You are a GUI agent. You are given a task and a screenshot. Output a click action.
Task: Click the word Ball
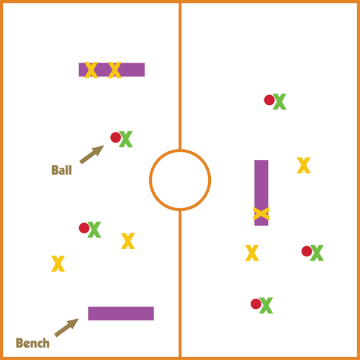click(62, 170)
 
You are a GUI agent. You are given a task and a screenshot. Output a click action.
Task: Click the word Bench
click(32, 343)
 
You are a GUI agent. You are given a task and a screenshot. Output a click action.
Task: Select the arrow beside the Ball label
click(91, 155)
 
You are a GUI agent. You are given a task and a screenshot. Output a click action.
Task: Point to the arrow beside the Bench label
click(66, 328)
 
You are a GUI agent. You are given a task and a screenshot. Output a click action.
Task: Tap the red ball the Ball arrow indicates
click(115, 138)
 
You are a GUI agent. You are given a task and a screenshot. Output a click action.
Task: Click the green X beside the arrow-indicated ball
click(126, 139)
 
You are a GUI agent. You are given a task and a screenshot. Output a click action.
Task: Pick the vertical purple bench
click(261, 193)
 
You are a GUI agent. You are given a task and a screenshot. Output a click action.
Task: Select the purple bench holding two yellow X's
click(112, 70)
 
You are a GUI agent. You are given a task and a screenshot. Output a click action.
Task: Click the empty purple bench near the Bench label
click(121, 313)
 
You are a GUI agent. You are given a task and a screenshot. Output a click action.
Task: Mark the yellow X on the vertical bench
click(261, 214)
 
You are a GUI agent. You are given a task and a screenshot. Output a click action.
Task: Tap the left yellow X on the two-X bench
click(91, 70)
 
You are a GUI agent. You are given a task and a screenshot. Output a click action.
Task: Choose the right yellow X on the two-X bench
click(114, 70)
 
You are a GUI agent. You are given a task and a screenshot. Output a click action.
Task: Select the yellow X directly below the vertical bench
click(252, 253)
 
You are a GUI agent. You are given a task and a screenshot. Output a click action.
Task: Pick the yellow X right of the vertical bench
click(304, 165)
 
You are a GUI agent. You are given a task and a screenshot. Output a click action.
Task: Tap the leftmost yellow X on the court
click(58, 264)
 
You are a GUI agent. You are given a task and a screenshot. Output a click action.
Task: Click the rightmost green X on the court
click(317, 253)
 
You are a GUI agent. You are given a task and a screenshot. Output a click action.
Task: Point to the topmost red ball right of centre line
click(269, 100)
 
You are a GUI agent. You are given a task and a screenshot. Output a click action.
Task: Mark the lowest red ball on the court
click(256, 304)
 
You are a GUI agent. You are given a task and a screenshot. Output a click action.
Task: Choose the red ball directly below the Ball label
click(84, 228)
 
